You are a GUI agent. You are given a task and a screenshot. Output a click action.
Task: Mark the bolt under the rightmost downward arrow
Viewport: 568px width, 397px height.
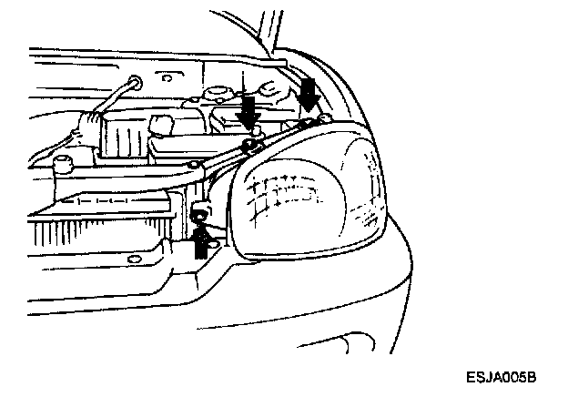310,119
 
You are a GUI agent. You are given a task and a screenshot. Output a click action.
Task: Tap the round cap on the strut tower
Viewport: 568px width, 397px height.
218,95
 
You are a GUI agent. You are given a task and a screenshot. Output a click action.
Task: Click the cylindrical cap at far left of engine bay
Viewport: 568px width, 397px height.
63,166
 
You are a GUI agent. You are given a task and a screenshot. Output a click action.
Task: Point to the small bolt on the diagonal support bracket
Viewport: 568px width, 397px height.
196,165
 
